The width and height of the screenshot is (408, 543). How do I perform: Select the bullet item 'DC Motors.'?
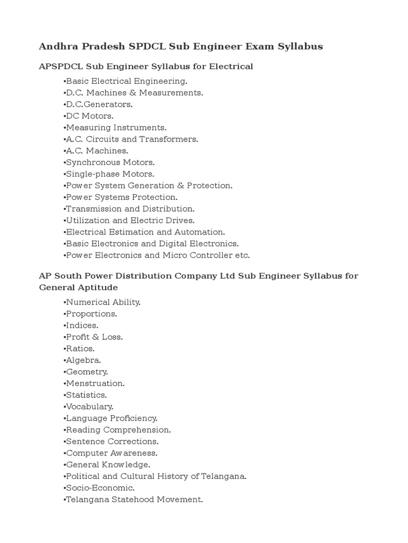89,116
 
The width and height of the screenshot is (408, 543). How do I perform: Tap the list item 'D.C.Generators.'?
98,104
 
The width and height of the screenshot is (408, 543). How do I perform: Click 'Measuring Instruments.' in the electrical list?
115,128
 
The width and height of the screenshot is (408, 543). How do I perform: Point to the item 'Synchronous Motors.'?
109,163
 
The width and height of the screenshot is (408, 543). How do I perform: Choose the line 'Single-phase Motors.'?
109,174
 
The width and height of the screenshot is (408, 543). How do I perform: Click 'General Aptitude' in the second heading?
79,287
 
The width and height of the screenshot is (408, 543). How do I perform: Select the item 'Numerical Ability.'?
103,302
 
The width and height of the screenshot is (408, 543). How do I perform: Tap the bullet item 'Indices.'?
81,326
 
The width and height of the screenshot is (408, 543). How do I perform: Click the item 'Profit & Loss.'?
93,337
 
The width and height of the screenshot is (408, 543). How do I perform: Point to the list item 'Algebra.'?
82,361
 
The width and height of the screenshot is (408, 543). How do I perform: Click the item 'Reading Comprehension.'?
117,430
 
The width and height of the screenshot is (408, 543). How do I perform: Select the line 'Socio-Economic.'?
99,488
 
